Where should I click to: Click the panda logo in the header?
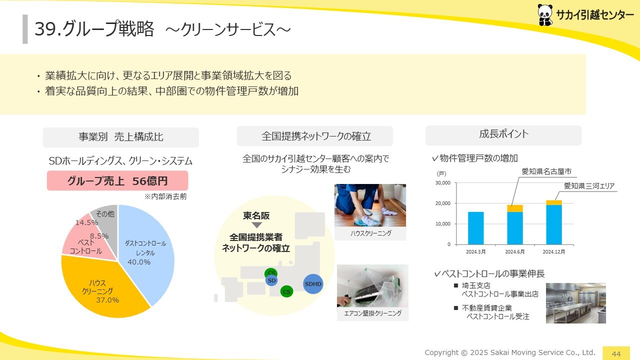[x=545, y=15]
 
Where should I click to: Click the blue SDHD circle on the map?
[x=313, y=284]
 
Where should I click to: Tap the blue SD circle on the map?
[x=271, y=280]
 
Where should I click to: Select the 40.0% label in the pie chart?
[x=139, y=262]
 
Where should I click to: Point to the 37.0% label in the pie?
[x=107, y=300]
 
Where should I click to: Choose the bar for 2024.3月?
[x=475, y=228]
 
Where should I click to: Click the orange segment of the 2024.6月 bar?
[x=515, y=208]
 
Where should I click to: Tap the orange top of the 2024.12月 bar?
[x=554, y=202]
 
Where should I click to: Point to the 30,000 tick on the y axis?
[x=443, y=183]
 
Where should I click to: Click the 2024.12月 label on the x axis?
[x=553, y=251]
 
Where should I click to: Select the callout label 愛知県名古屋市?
[x=546, y=171]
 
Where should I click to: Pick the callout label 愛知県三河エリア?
[x=589, y=186]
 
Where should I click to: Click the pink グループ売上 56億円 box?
[x=117, y=180]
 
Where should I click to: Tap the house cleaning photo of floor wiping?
[x=370, y=205]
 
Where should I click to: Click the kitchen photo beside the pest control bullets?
[x=575, y=303]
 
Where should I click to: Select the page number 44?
[x=616, y=353]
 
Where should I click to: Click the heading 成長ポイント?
[x=503, y=133]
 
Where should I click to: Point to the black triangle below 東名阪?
[x=256, y=225]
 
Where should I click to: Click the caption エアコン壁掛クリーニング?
[x=372, y=313]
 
